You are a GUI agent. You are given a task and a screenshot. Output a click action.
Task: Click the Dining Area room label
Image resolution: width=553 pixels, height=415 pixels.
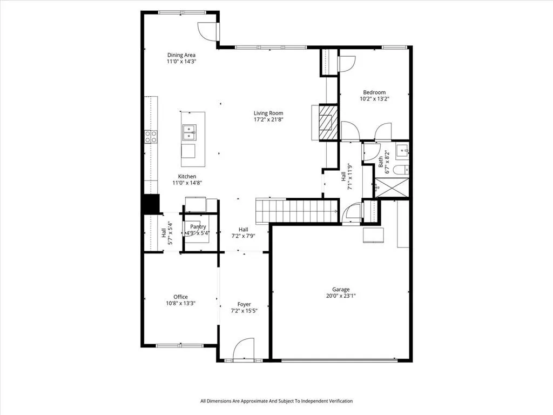click(181, 55)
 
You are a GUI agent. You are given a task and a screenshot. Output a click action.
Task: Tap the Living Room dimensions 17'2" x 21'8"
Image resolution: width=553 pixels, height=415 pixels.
click(269, 119)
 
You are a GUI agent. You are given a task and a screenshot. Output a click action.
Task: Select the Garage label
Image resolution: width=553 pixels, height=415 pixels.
click(341, 290)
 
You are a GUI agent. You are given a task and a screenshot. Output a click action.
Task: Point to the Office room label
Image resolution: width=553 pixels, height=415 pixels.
click(180, 297)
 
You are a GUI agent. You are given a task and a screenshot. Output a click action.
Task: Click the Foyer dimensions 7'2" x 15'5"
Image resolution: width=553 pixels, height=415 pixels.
click(244, 311)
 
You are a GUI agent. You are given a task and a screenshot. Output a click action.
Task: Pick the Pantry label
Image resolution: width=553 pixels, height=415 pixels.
click(198, 227)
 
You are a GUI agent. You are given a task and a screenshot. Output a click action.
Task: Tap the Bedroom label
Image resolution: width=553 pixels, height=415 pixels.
click(374, 92)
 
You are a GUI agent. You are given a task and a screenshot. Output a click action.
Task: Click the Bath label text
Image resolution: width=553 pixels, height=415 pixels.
click(381, 162)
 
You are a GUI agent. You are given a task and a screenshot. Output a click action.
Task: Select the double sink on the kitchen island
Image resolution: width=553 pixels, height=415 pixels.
click(190, 132)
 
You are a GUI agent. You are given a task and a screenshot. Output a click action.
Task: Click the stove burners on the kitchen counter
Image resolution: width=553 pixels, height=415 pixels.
click(151, 137)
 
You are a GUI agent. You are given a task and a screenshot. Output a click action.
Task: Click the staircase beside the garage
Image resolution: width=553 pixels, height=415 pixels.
click(297, 211)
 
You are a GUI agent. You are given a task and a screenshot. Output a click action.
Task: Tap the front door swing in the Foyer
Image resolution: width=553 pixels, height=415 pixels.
click(244, 349)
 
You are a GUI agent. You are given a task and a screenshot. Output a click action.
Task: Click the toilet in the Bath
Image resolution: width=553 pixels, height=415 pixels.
click(401, 170)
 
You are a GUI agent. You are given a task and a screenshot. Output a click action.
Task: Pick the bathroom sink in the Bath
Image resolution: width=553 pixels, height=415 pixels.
click(402, 151)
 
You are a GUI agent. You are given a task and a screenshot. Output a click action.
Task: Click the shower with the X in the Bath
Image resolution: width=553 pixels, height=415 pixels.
click(392, 188)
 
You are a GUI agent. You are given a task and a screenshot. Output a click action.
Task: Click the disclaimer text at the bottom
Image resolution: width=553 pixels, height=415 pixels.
click(276, 401)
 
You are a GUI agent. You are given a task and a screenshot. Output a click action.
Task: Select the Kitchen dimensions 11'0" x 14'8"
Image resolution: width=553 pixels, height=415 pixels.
click(187, 183)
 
